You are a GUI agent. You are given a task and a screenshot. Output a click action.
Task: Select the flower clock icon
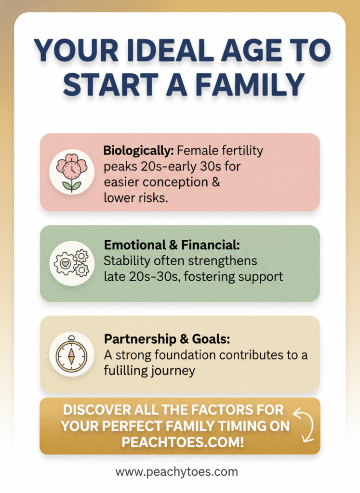[71, 171]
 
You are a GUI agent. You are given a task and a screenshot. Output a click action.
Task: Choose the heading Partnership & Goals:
[167, 339]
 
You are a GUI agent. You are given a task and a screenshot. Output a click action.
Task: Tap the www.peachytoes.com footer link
[176, 472]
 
